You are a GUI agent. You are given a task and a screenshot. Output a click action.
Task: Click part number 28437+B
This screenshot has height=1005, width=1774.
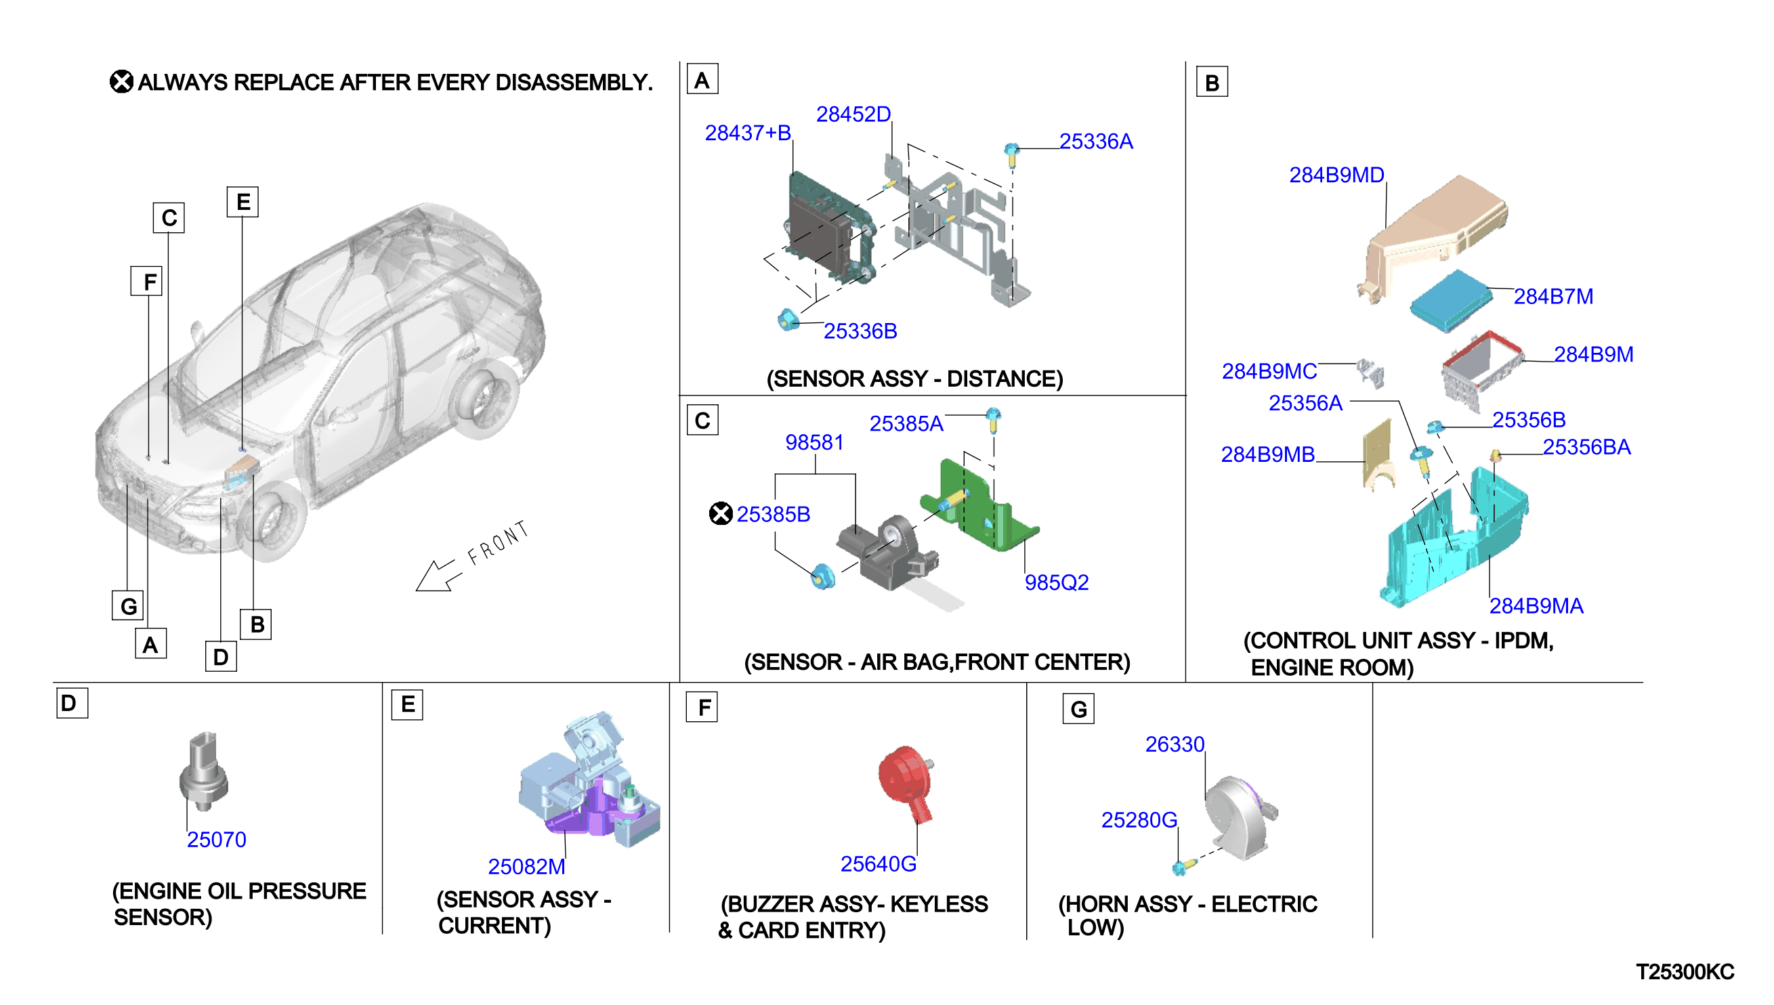click(x=748, y=133)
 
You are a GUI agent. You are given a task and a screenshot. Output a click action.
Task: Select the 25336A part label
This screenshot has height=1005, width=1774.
click(x=1096, y=142)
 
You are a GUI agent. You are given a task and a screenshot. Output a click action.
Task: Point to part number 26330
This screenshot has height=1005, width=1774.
click(x=1175, y=744)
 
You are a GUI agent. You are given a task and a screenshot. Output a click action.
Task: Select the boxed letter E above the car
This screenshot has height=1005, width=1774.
click(x=243, y=202)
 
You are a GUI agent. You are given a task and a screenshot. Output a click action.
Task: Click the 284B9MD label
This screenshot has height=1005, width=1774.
click(x=1337, y=175)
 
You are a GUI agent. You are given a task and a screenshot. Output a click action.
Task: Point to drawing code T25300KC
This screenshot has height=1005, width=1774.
click(x=1685, y=972)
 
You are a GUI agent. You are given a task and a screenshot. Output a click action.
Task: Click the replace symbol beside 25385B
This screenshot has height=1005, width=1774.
click(x=721, y=513)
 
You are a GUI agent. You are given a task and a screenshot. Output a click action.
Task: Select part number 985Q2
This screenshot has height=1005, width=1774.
click(x=1057, y=582)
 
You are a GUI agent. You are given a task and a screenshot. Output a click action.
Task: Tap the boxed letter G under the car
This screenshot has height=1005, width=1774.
click(x=129, y=606)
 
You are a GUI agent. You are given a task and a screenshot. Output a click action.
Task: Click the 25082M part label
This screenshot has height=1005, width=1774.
click(x=527, y=867)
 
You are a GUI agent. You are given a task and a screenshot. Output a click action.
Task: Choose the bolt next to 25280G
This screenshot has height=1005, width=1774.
click(x=1181, y=867)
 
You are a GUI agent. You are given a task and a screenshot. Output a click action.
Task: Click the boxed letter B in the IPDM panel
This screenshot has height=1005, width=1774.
click(x=1212, y=83)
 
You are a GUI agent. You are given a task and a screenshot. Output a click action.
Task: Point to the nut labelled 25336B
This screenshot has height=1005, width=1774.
click(x=788, y=320)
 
